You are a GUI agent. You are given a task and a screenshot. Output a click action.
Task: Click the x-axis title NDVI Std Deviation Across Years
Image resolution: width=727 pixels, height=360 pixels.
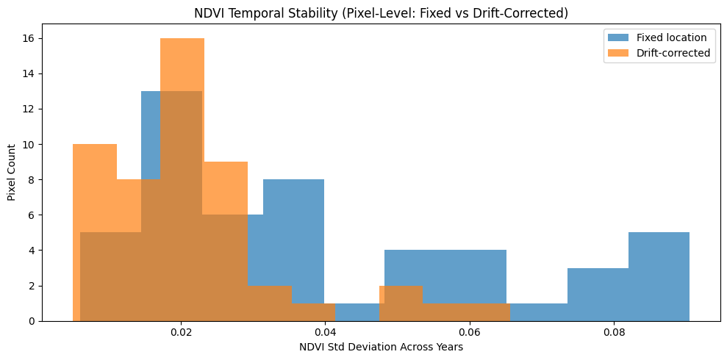[381, 347]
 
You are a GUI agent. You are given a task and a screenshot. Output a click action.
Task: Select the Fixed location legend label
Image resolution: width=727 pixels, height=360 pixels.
[671, 37]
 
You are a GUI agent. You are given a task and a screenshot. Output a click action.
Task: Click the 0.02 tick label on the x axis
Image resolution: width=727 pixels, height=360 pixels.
[181, 332]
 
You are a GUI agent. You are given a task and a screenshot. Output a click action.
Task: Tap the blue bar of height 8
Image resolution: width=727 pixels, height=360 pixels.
[293, 235]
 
